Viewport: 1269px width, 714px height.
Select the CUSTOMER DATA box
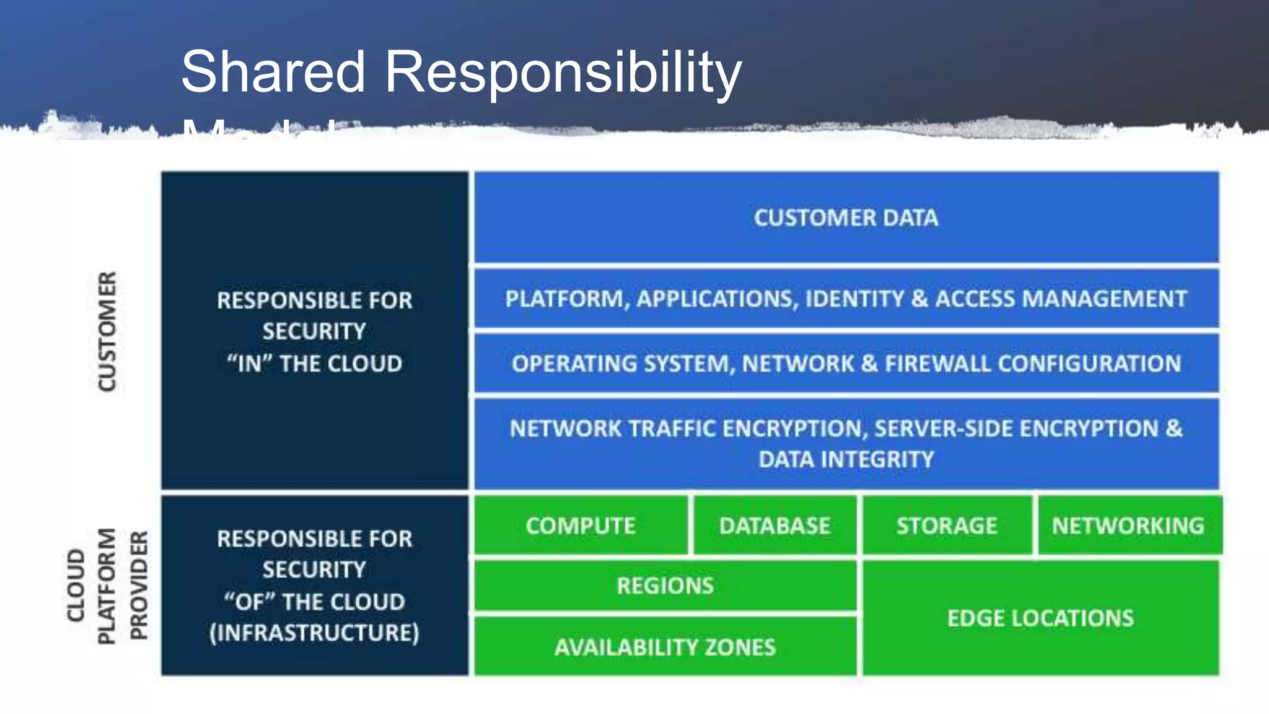(846, 218)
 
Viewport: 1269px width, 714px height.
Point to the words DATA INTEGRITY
(846, 460)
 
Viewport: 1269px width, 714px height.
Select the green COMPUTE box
(581, 526)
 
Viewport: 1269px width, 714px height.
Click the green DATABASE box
(775, 526)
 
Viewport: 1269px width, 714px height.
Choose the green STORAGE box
(947, 526)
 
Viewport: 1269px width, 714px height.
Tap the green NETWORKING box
(1128, 526)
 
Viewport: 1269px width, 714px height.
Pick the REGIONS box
(665, 586)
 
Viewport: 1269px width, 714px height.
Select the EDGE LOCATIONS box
(1040, 619)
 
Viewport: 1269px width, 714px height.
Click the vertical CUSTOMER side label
(107, 332)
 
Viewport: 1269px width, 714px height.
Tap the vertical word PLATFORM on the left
(107, 586)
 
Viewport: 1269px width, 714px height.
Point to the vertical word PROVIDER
(139, 586)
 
